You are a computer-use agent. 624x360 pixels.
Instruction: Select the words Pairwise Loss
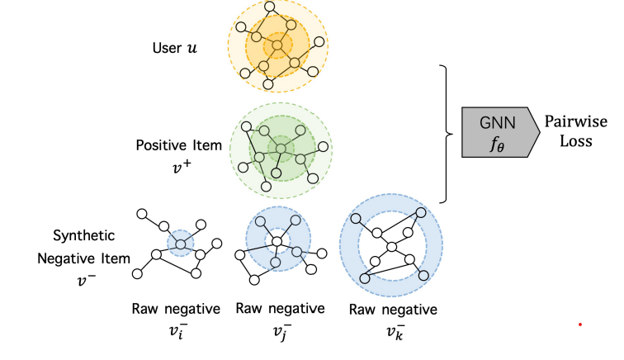[x=576, y=131]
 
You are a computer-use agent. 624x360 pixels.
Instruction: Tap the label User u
[x=174, y=48]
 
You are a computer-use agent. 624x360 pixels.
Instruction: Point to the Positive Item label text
[x=178, y=145]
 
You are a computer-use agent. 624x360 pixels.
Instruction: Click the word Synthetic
[x=84, y=236]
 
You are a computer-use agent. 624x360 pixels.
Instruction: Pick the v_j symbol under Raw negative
[x=282, y=332]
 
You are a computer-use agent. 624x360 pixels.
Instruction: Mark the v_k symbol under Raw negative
[x=395, y=332]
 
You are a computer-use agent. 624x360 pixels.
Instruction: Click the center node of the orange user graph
[x=277, y=45]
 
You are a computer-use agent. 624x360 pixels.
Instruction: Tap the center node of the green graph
[x=281, y=149]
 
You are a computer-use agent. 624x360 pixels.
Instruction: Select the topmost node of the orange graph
[x=269, y=7]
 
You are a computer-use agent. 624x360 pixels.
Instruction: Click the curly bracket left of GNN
[x=446, y=134]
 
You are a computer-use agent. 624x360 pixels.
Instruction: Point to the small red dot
[x=580, y=324]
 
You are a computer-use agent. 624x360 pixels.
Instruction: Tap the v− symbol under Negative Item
[x=87, y=281]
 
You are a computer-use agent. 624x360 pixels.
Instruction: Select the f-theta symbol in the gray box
[x=497, y=144]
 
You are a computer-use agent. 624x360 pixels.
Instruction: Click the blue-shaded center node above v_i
[x=181, y=244]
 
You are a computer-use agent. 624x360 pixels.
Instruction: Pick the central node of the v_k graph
[x=391, y=247]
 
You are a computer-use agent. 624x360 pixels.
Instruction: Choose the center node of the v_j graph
[x=277, y=241]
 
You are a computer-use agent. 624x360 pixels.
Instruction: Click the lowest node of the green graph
[x=267, y=186]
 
